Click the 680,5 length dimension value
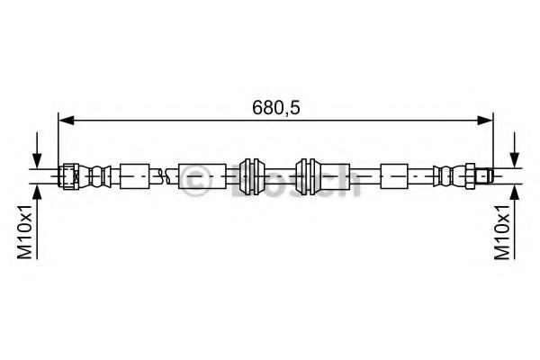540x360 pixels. pyautogui.click(x=274, y=106)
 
